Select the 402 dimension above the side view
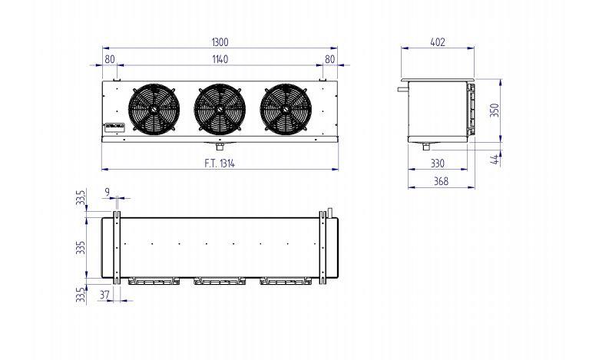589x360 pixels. (x=438, y=42)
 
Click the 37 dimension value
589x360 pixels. (x=104, y=294)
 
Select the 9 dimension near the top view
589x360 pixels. (x=106, y=192)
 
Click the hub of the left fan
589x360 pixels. (x=154, y=109)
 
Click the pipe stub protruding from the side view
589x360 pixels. (x=402, y=88)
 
